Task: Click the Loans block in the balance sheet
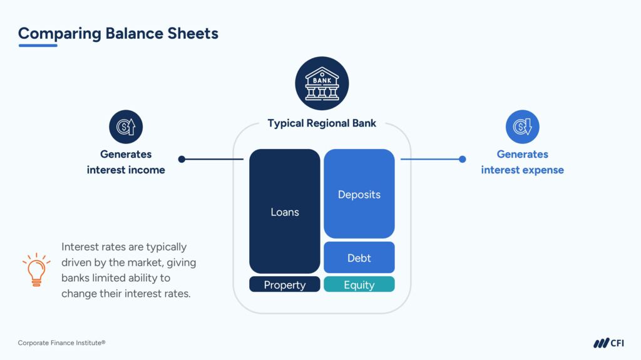[x=284, y=212]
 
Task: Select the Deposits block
[x=359, y=194]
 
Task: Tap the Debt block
[x=359, y=257]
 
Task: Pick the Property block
[x=284, y=285]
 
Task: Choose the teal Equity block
[x=359, y=285]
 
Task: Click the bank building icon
[x=322, y=83]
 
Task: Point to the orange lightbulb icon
[x=36, y=270]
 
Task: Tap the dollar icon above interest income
[x=126, y=127]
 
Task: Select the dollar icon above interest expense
[x=522, y=127]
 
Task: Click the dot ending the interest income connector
[x=182, y=159]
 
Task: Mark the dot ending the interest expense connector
[x=463, y=159]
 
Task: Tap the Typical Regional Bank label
[x=322, y=123]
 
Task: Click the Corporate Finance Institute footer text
[x=61, y=342]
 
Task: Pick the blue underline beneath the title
[x=38, y=45]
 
